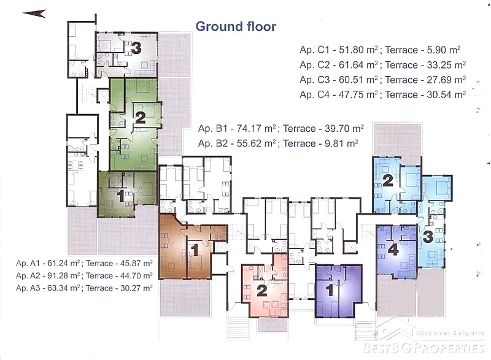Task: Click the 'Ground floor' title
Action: pyautogui.click(x=236, y=26)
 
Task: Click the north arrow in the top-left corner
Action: pyautogui.click(x=34, y=13)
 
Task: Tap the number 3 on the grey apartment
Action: pyautogui.click(x=136, y=48)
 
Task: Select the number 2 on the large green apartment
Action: pyautogui.click(x=141, y=118)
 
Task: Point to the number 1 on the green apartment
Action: pyautogui.click(x=120, y=196)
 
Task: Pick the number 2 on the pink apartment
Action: pyautogui.click(x=262, y=291)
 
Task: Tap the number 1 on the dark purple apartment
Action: pyautogui.click(x=330, y=290)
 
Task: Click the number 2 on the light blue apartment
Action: pyautogui.click(x=388, y=180)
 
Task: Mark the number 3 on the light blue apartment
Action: pyautogui.click(x=428, y=237)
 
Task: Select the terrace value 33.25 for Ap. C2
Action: pyautogui.click(x=440, y=65)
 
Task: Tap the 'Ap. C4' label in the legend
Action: pyautogui.click(x=314, y=94)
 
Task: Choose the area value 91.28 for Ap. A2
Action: pyautogui.click(x=58, y=276)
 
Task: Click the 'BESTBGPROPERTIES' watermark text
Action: pyautogui.click(x=423, y=348)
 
